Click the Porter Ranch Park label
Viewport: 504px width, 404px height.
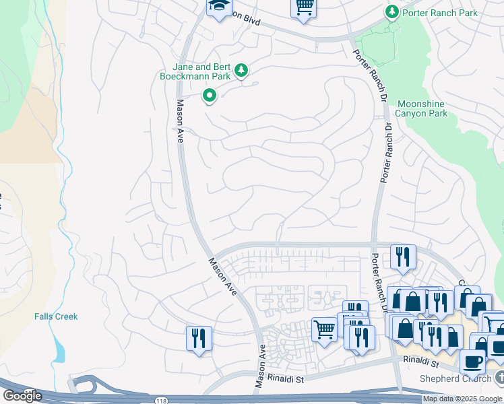pyautogui.click(x=439, y=13)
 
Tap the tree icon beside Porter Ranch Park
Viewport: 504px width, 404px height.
pyautogui.click(x=391, y=12)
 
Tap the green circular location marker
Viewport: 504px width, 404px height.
pyautogui.click(x=210, y=96)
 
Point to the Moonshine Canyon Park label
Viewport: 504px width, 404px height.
pyautogui.click(x=422, y=108)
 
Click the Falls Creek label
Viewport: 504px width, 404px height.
pyautogui.click(x=56, y=316)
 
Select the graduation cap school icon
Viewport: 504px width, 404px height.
pyautogui.click(x=219, y=7)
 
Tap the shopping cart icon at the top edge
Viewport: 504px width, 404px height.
pyautogui.click(x=304, y=8)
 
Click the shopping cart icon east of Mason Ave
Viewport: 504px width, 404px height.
pyautogui.click(x=324, y=330)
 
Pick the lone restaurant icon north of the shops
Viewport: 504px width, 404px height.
pyautogui.click(x=403, y=257)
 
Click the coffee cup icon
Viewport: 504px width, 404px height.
pyautogui.click(x=472, y=361)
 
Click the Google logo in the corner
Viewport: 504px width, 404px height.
pyautogui.click(x=22, y=396)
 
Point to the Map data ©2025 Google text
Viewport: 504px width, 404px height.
pyautogui.click(x=463, y=399)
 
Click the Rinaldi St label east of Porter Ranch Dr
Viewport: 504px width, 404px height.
pyautogui.click(x=422, y=364)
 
